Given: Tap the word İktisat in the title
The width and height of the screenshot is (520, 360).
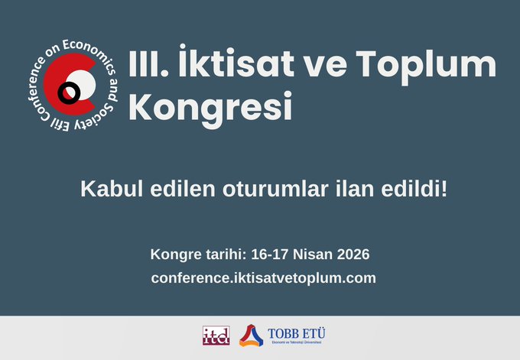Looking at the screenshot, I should [217, 63].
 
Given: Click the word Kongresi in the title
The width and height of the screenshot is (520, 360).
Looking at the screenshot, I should [210, 106].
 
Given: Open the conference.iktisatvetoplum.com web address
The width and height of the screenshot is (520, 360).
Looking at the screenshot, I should [263, 277].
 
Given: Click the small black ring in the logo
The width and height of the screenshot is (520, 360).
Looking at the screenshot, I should [70, 92].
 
